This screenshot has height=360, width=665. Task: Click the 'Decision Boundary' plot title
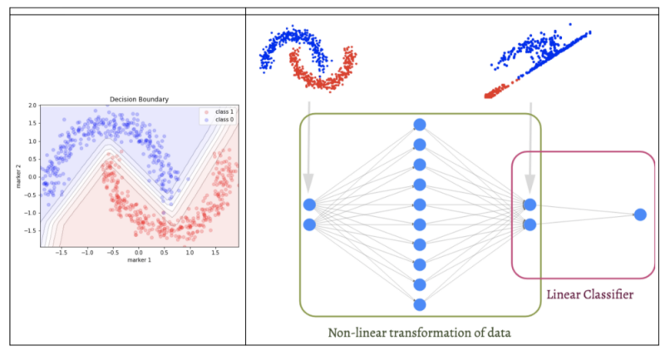(140, 100)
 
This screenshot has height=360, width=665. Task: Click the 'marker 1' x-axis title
(139, 260)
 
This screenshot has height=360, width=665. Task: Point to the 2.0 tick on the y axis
(32, 106)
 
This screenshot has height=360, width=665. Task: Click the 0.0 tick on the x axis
(139, 252)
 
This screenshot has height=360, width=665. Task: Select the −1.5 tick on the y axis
(30, 229)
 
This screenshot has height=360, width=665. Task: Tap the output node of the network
(639, 215)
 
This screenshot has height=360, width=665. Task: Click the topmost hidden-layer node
(420, 124)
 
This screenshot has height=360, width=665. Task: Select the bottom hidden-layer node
(420, 304)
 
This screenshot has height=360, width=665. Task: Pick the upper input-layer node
(310, 205)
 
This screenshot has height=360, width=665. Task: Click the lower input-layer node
(310, 224)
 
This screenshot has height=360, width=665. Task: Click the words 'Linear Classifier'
(590, 294)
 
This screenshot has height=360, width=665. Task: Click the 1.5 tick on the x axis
(215, 252)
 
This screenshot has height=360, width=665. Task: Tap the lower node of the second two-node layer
(530, 224)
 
